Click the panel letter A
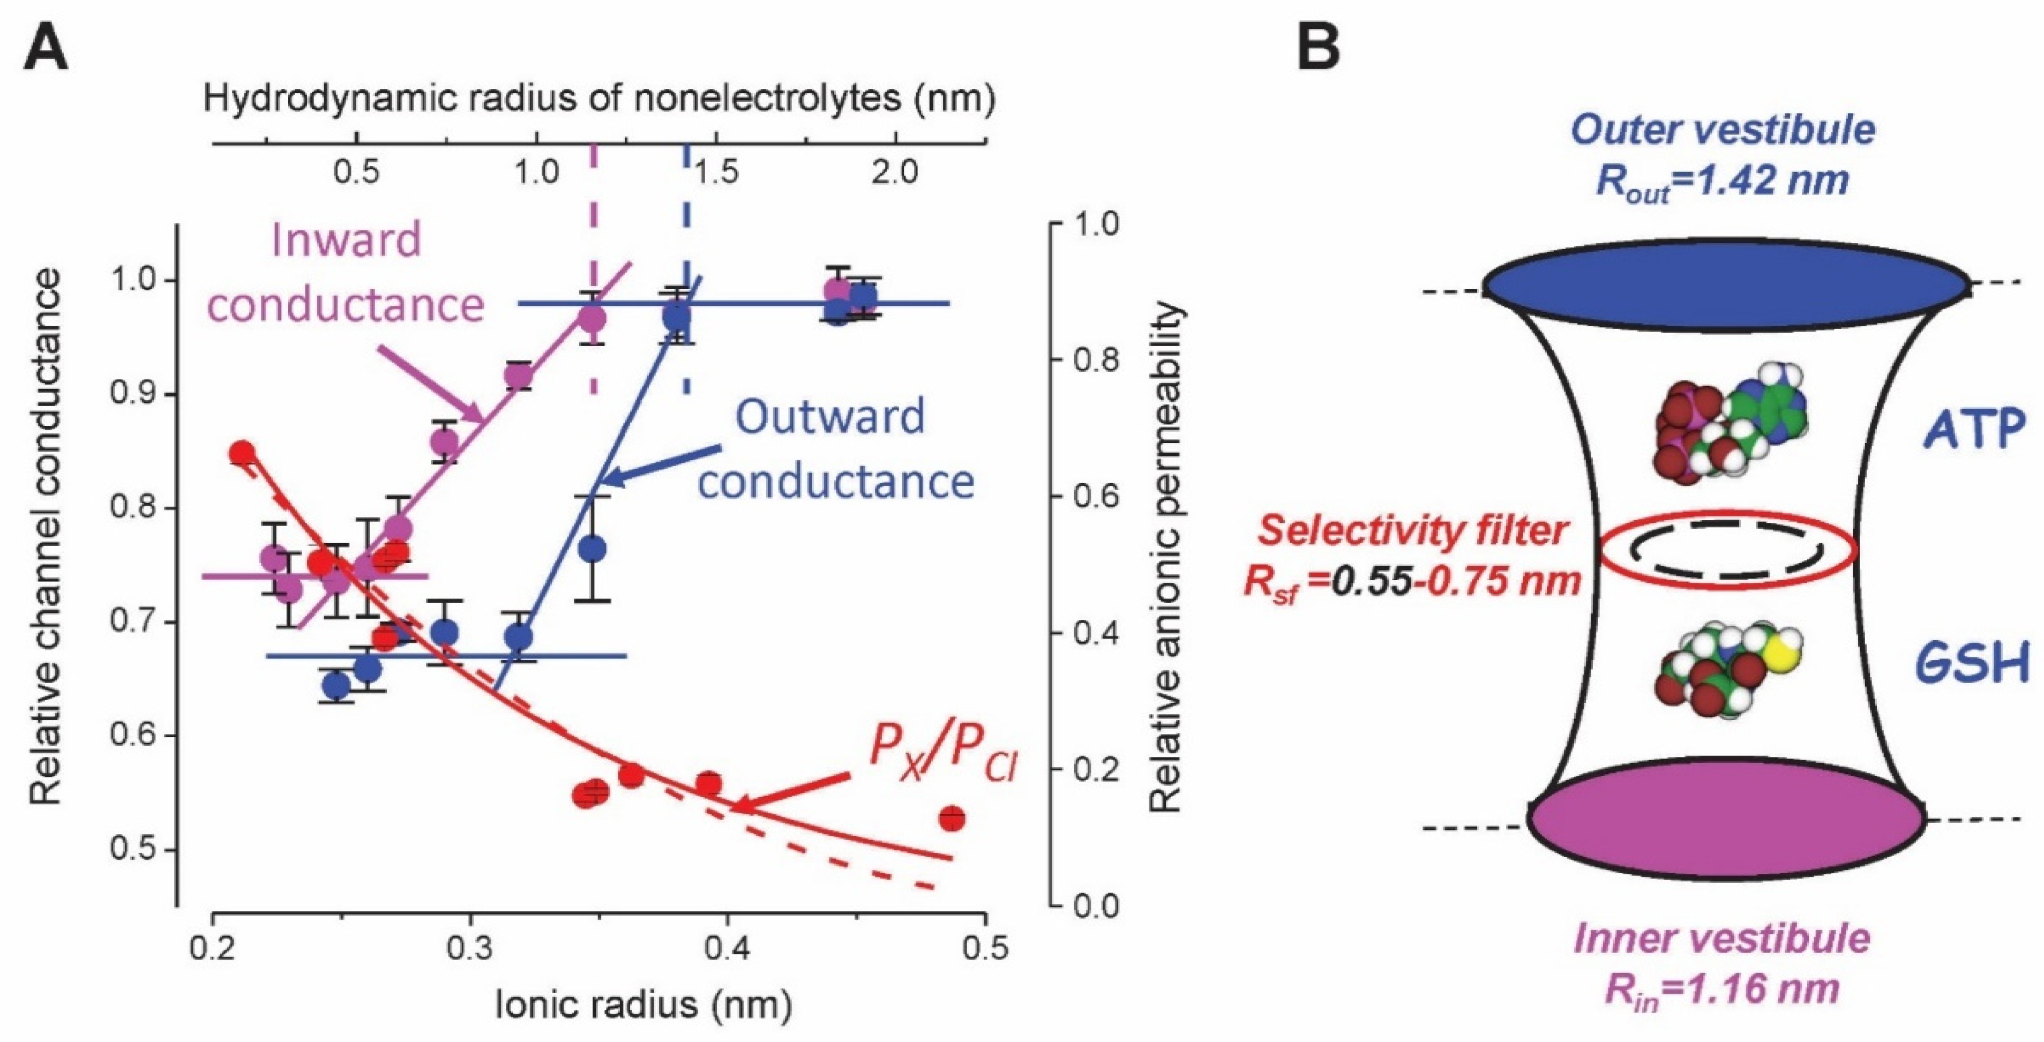[x=47, y=48]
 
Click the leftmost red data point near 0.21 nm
[x=242, y=454]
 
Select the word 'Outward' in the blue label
[x=830, y=416]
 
